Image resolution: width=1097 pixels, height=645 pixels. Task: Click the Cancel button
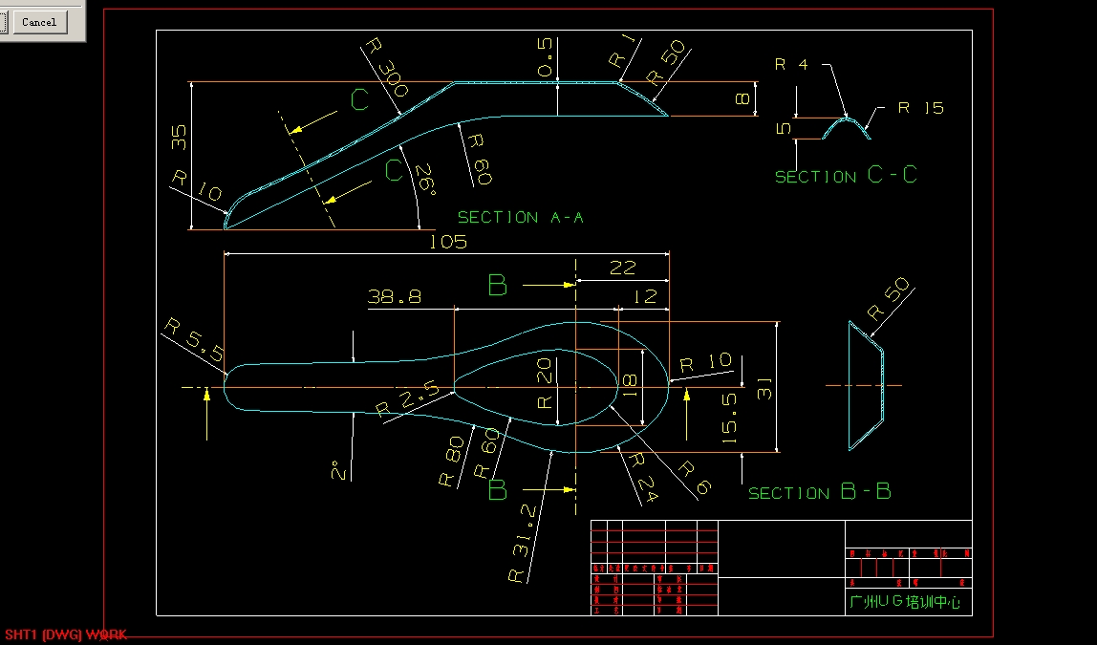(x=39, y=22)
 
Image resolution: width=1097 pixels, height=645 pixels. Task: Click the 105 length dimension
(x=447, y=242)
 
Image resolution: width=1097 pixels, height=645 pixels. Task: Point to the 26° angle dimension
(x=423, y=181)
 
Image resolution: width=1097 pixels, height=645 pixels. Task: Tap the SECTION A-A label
(x=520, y=218)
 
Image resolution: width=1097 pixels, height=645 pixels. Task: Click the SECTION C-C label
(x=845, y=176)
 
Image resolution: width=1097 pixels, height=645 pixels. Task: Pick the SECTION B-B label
(x=819, y=492)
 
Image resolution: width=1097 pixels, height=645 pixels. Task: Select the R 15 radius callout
(x=919, y=108)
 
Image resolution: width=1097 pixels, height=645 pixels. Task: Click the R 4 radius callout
(x=791, y=65)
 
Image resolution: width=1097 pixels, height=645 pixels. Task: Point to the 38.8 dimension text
(x=394, y=297)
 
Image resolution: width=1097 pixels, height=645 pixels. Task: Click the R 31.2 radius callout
(x=525, y=545)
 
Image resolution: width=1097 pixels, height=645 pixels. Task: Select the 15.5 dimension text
(x=729, y=419)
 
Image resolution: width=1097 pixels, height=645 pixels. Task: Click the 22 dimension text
(x=622, y=269)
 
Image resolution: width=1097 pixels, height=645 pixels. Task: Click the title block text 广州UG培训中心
(x=904, y=602)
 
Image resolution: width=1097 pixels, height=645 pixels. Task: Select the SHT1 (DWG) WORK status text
(x=65, y=634)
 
